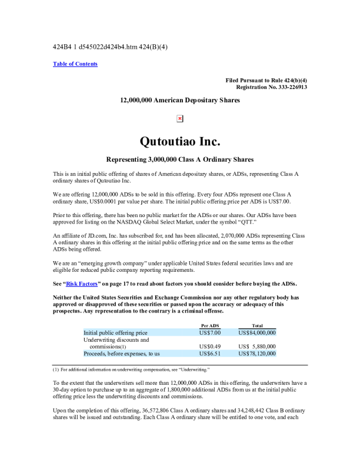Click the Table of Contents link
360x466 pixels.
coord(75,64)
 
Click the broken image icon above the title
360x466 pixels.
coord(180,119)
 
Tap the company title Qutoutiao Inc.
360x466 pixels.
coord(179,142)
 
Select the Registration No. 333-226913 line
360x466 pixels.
coord(271,87)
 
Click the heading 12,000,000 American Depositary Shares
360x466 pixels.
coord(180,101)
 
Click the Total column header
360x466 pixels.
coord(257,325)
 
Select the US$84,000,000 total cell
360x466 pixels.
coord(257,332)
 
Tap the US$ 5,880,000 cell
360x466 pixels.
coord(257,347)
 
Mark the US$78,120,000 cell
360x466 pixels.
coord(257,354)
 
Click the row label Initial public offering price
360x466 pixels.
coord(115,332)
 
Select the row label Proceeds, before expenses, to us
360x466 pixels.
coord(121,354)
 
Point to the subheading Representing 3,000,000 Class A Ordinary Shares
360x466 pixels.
coord(179,159)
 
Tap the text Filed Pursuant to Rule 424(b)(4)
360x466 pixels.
coord(266,80)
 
